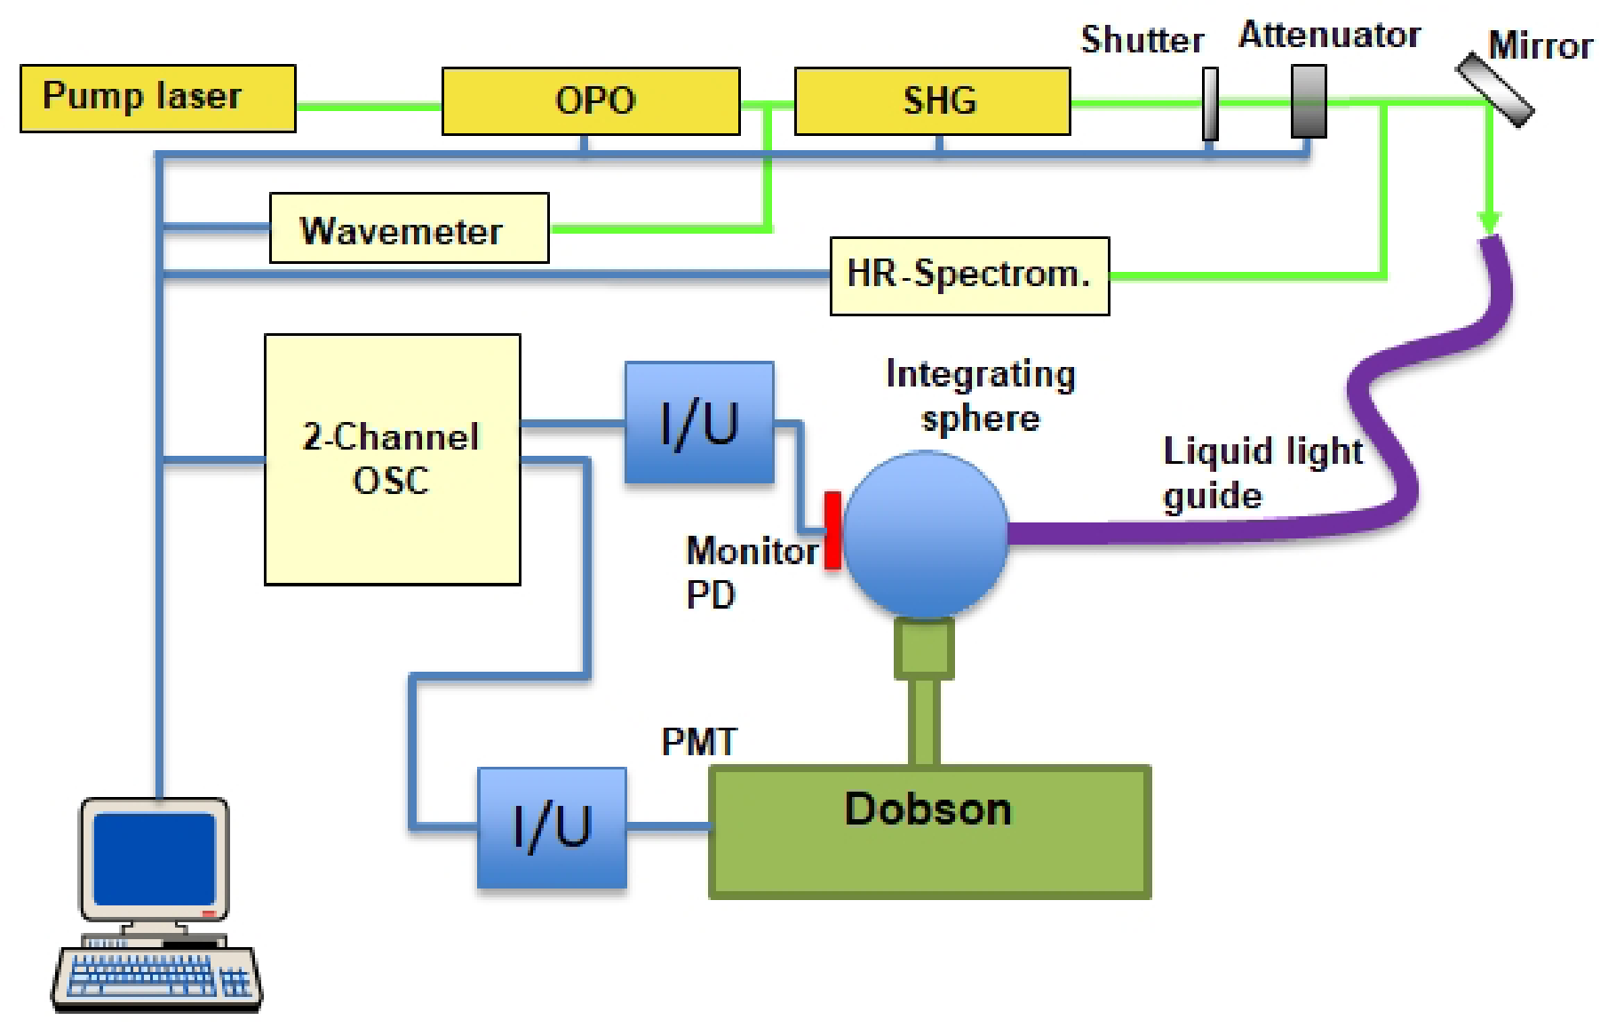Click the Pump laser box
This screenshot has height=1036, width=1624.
(157, 98)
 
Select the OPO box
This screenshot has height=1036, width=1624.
(591, 100)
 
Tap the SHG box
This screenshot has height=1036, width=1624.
(932, 100)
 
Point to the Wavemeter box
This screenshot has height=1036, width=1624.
(409, 228)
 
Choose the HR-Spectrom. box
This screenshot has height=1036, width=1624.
(969, 275)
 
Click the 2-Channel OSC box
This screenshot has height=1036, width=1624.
(392, 458)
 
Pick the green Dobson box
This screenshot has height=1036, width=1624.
(929, 832)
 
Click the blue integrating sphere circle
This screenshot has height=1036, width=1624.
(925, 533)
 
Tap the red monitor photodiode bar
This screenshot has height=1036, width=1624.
(832, 530)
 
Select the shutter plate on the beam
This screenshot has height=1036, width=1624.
(1210, 104)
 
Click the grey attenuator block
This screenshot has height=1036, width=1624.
(1309, 101)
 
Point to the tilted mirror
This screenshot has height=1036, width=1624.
(1496, 90)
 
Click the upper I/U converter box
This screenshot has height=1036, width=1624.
(699, 422)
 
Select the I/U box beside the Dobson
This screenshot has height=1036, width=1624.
(552, 827)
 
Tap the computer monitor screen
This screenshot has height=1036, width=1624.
(155, 858)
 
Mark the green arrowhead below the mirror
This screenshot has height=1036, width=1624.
(1490, 222)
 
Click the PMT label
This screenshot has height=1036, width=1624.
(699, 741)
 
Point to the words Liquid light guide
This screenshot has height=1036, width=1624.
(1262, 473)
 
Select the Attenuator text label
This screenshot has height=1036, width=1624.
(1329, 36)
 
